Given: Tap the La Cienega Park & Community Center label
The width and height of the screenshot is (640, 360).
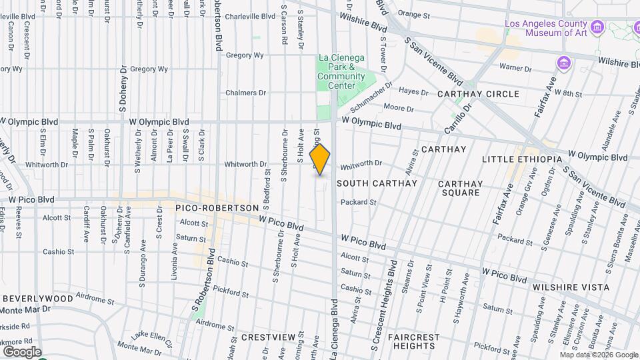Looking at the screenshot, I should click(341, 71).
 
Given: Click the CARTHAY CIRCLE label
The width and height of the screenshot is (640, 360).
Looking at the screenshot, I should click(478, 94).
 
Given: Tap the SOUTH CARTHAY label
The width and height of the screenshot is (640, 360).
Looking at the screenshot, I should click(377, 183).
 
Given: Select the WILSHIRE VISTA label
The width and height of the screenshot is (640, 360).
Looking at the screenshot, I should click(570, 287).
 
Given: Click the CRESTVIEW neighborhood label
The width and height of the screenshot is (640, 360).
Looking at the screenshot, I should click(267, 337).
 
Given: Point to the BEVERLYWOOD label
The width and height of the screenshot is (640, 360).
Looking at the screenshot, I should click(37, 298).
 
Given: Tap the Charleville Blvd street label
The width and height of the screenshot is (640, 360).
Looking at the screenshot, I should click(250, 16).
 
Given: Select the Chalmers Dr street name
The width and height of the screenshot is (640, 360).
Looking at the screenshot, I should click(245, 93).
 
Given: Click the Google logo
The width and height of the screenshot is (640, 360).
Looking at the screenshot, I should click(21, 351).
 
